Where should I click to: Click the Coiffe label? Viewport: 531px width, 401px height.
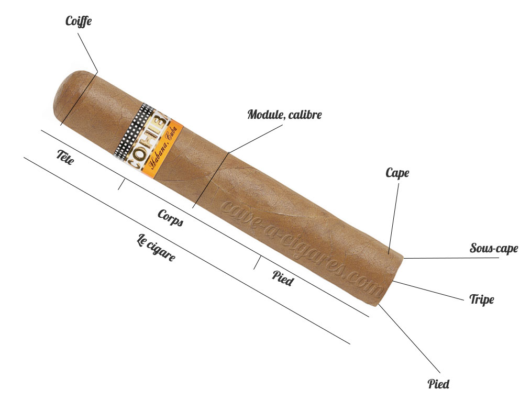pos(78,21)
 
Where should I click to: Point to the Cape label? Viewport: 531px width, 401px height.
pos(397,173)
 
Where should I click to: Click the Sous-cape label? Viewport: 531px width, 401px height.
pos(494,248)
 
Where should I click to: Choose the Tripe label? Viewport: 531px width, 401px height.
pos(481,299)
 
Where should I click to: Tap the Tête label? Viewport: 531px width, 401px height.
pos(65,157)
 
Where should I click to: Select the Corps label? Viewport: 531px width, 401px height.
pos(171,217)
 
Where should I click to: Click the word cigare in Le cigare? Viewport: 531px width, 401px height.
pos(161,250)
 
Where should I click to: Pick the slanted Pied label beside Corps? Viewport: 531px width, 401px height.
pos(283,278)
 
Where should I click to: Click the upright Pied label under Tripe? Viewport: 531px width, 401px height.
pos(438,384)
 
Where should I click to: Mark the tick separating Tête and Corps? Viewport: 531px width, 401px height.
pos(121,184)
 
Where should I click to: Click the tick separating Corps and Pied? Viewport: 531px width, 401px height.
pos(257,263)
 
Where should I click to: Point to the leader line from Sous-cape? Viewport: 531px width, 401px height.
pos(451,258)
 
